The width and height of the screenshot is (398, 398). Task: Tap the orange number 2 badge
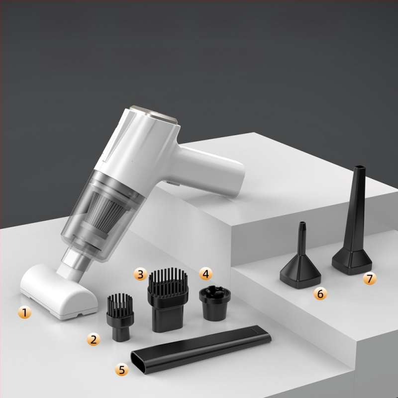click(94, 340)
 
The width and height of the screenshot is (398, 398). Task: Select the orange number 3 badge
click(141, 274)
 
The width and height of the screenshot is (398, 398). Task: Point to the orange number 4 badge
click(205, 273)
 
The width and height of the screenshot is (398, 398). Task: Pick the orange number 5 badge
click(122, 369)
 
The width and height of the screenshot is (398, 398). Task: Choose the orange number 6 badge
click(320, 294)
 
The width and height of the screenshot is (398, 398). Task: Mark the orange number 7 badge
click(369, 279)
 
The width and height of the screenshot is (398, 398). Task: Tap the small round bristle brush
click(119, 316)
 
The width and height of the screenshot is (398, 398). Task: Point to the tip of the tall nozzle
click(360, 169)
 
